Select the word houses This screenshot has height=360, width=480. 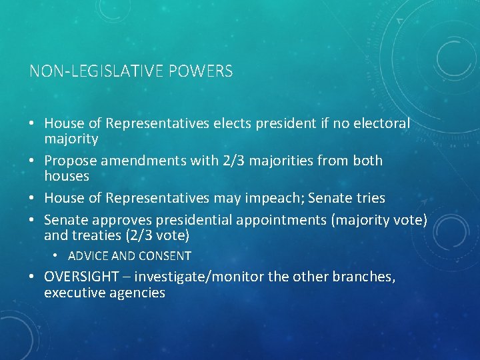(x=67, y=176)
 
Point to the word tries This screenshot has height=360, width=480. (x=371, y=198)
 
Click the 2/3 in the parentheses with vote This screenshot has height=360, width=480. (x=145, y=235)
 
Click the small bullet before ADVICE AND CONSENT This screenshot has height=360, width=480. (x=57, y=256)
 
